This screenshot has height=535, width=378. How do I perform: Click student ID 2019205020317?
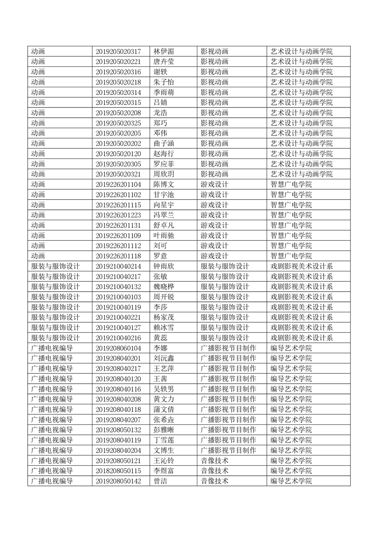point(118,51)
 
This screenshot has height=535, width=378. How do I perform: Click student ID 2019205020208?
point(118,113)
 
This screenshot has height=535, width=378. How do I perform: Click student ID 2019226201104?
point(118,185)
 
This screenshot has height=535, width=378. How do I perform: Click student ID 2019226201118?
point(118,256)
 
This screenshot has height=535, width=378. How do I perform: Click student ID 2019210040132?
point(118,287)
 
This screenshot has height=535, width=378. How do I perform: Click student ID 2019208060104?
point(118,348)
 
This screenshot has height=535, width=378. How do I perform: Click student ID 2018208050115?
point(118,471)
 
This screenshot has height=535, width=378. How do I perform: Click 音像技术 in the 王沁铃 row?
point(215,461)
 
